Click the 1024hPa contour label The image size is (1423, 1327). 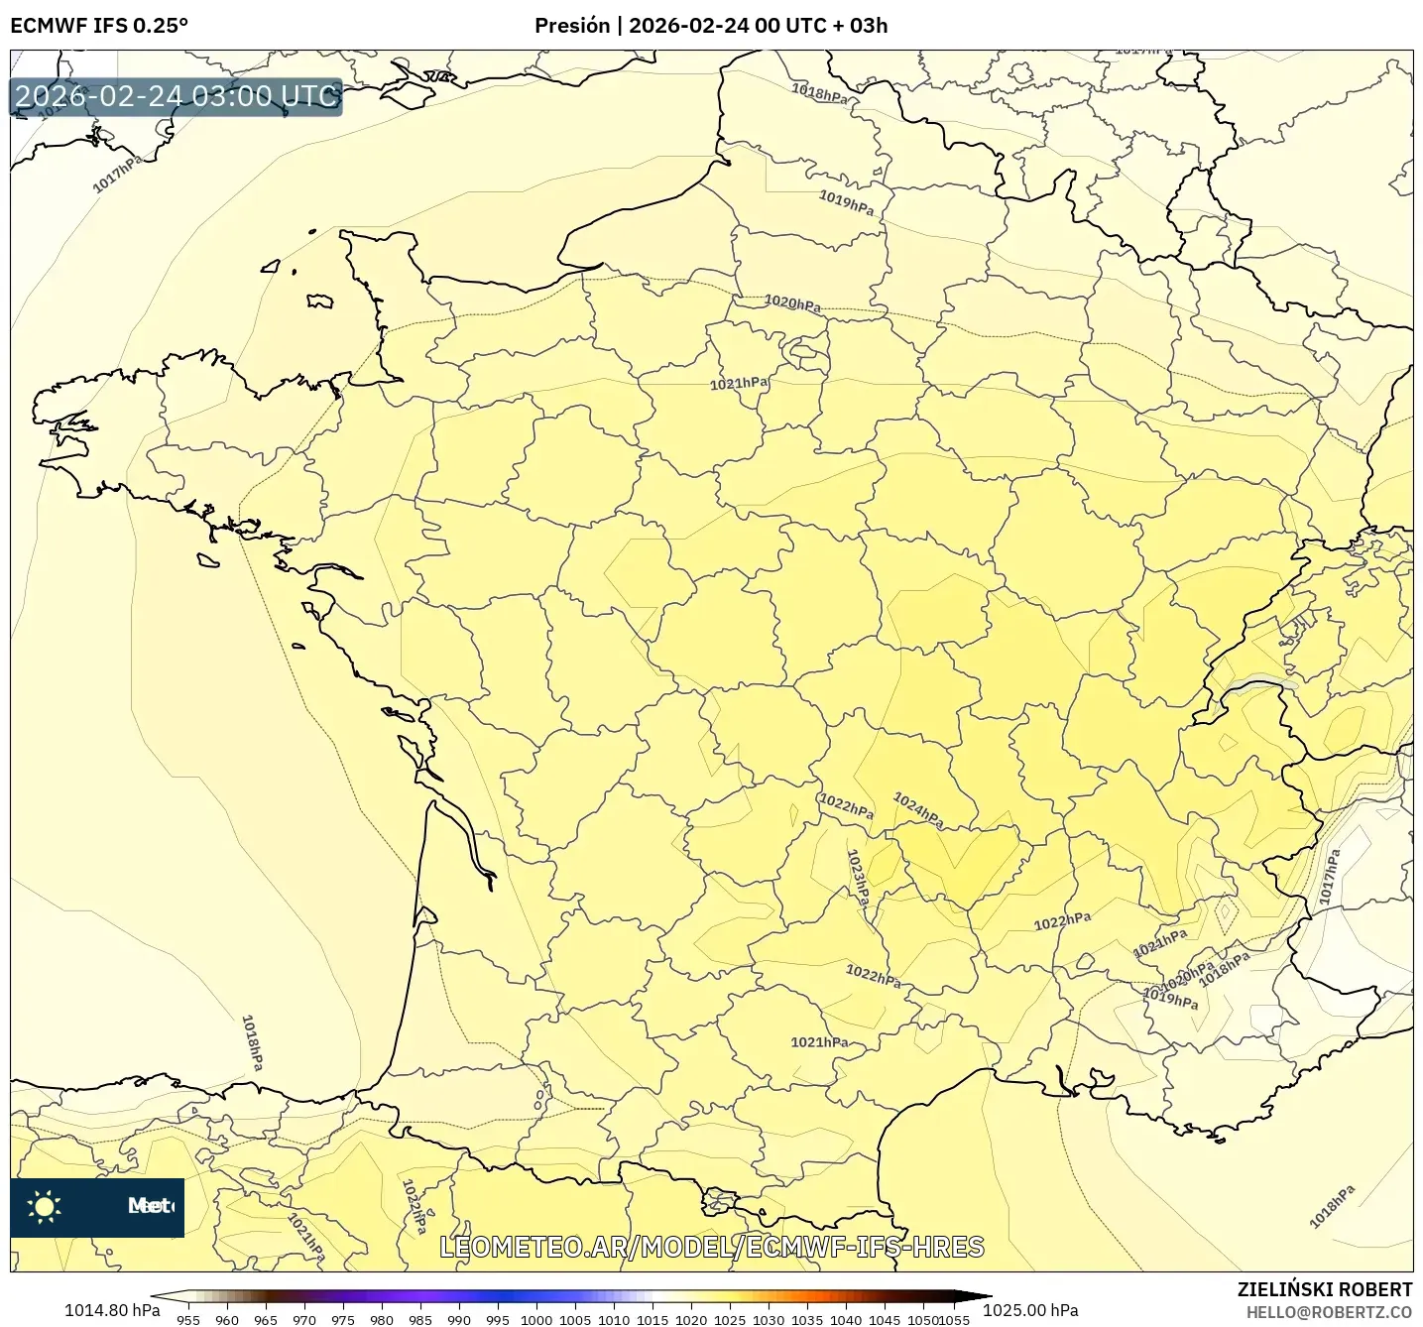pyautogui.click(x=918, y=809)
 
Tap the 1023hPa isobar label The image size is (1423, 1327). pyautogui.click(x=858, y=878)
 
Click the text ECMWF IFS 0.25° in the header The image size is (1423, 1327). pyautogui.click(x=98, y=26)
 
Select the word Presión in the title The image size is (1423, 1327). pyautogui.click(x=572, y=26)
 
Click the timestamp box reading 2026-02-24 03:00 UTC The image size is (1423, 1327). pyautogui.click(x=177, y=96)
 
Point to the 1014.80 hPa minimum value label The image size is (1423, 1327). pyautogui.click(x=112, y=1310)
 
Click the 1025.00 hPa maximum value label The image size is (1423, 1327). pyautogui.click(x=1030, y=1310)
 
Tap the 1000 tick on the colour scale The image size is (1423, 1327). pyautogui.click(x=536, y=1319)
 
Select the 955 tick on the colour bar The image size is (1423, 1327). pyautogui.click(x=188, y=1319)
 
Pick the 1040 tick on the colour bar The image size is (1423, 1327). pyautogui.click(x=846, y=1319)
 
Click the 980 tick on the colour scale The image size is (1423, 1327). pyautogui.click(x=382, y=1319)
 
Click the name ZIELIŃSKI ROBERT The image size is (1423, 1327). pyautogui.click(x=1324, y=1289)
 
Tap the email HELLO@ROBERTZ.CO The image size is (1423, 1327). pyautogui.click(x=1329, y=1312)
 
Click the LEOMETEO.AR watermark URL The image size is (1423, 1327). pyautogui.click(x=712, y=1247)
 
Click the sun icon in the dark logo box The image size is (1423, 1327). pyautogui.click(x=45, y=1206)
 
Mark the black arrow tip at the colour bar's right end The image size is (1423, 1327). pyautogui.click(x=988, y=1295)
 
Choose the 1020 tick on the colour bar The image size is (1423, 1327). pyautogui.click(x=691, y=1319)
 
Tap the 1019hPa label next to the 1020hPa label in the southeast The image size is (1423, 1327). pyautogui.click(x=1171, y=999)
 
